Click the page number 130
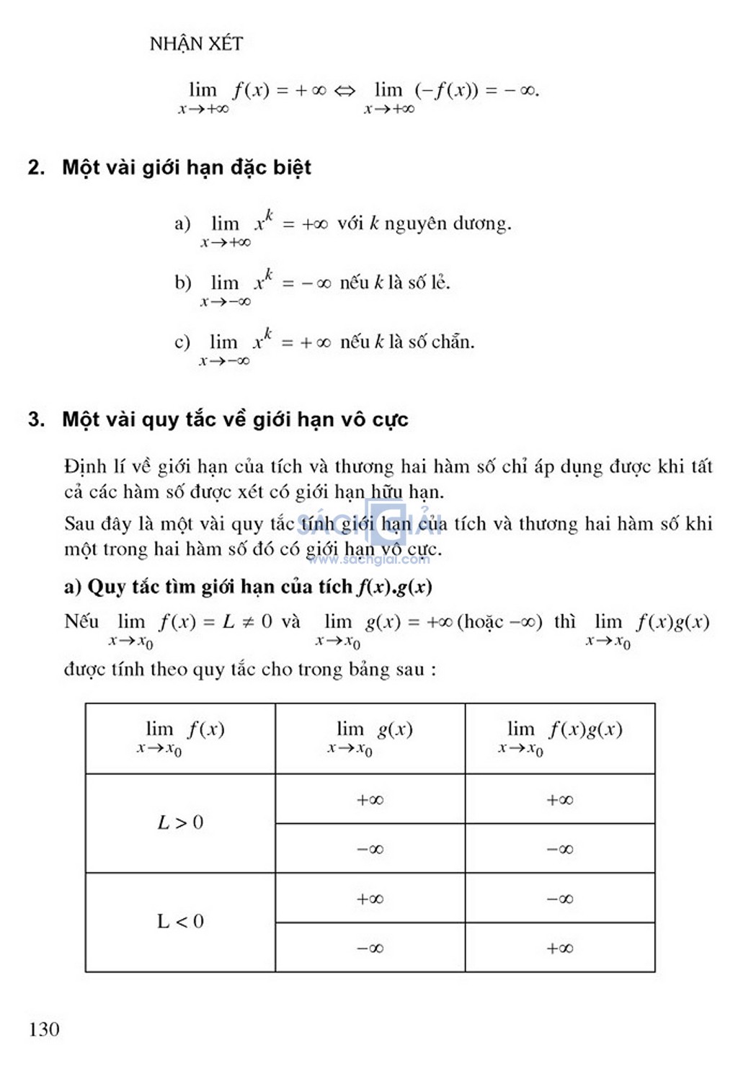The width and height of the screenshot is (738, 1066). click(x=44, y=1029)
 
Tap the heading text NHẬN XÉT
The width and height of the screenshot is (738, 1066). click(x=196, y=44)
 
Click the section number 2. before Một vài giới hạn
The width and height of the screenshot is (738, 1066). click(x=36, y=167)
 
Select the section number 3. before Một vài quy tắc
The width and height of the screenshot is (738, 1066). click(x=36, y=419)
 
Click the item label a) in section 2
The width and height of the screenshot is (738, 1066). click(x=182, y=223)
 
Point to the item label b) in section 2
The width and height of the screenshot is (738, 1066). click(x=182, y=283)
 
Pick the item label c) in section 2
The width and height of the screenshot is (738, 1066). click(x=182, y=342)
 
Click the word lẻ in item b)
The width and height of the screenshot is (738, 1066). click(x=440, y=282)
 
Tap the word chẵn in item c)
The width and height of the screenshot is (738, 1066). click(x=452, y=341)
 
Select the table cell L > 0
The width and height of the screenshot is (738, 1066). click(x=180, y=822)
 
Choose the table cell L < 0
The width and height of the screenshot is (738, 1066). click(x=180, y=921)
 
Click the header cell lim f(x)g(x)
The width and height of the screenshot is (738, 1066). click(x=560, y=737)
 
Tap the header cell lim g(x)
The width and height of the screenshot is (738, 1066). click(x=370, y=737)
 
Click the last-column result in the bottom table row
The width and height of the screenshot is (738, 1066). click(x=560, y=948)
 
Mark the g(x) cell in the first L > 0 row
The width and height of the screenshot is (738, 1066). click(x=370, y=799)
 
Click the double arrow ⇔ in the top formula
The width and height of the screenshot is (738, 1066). click(x=344, y=91)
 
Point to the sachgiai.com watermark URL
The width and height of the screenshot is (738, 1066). click(x=369, y=559)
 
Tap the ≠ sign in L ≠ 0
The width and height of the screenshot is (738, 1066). click(x=247, y=622)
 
